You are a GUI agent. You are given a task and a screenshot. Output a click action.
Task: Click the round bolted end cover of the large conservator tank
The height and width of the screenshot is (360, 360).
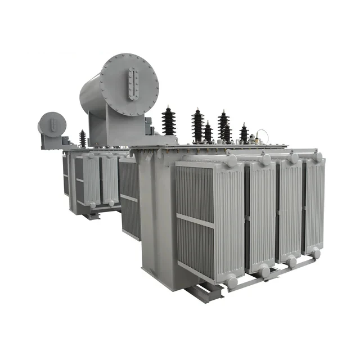coord(130,84)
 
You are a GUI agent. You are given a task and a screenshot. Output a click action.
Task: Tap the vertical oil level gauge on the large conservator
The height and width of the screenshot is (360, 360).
coord(133,84)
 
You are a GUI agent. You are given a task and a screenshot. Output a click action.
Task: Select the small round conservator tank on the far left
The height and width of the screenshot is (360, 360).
coord(52,124)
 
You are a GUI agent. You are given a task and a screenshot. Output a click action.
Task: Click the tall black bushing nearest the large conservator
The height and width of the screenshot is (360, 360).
coord(168,120)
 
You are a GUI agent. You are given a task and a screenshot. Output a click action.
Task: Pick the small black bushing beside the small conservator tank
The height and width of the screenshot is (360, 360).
coord(83,138)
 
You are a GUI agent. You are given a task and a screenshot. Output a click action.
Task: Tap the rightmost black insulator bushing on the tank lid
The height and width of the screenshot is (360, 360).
coord(244,134)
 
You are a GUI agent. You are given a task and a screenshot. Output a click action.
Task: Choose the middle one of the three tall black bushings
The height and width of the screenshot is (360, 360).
coord(197,125)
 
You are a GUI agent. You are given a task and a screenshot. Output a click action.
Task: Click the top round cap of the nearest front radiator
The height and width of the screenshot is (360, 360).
coord(232,161)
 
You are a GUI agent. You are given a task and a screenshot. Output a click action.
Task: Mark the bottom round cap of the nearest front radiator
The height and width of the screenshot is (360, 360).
coord(232,282)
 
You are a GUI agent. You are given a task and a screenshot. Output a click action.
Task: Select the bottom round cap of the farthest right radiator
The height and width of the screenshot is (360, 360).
coord(317,253)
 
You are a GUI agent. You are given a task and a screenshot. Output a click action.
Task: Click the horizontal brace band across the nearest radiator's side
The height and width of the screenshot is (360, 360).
coord(195,220)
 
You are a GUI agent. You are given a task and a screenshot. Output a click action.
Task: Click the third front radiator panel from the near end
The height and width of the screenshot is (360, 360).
coord(290,210)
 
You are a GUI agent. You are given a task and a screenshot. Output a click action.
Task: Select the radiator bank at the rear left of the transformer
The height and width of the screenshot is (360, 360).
coord(93,180)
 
